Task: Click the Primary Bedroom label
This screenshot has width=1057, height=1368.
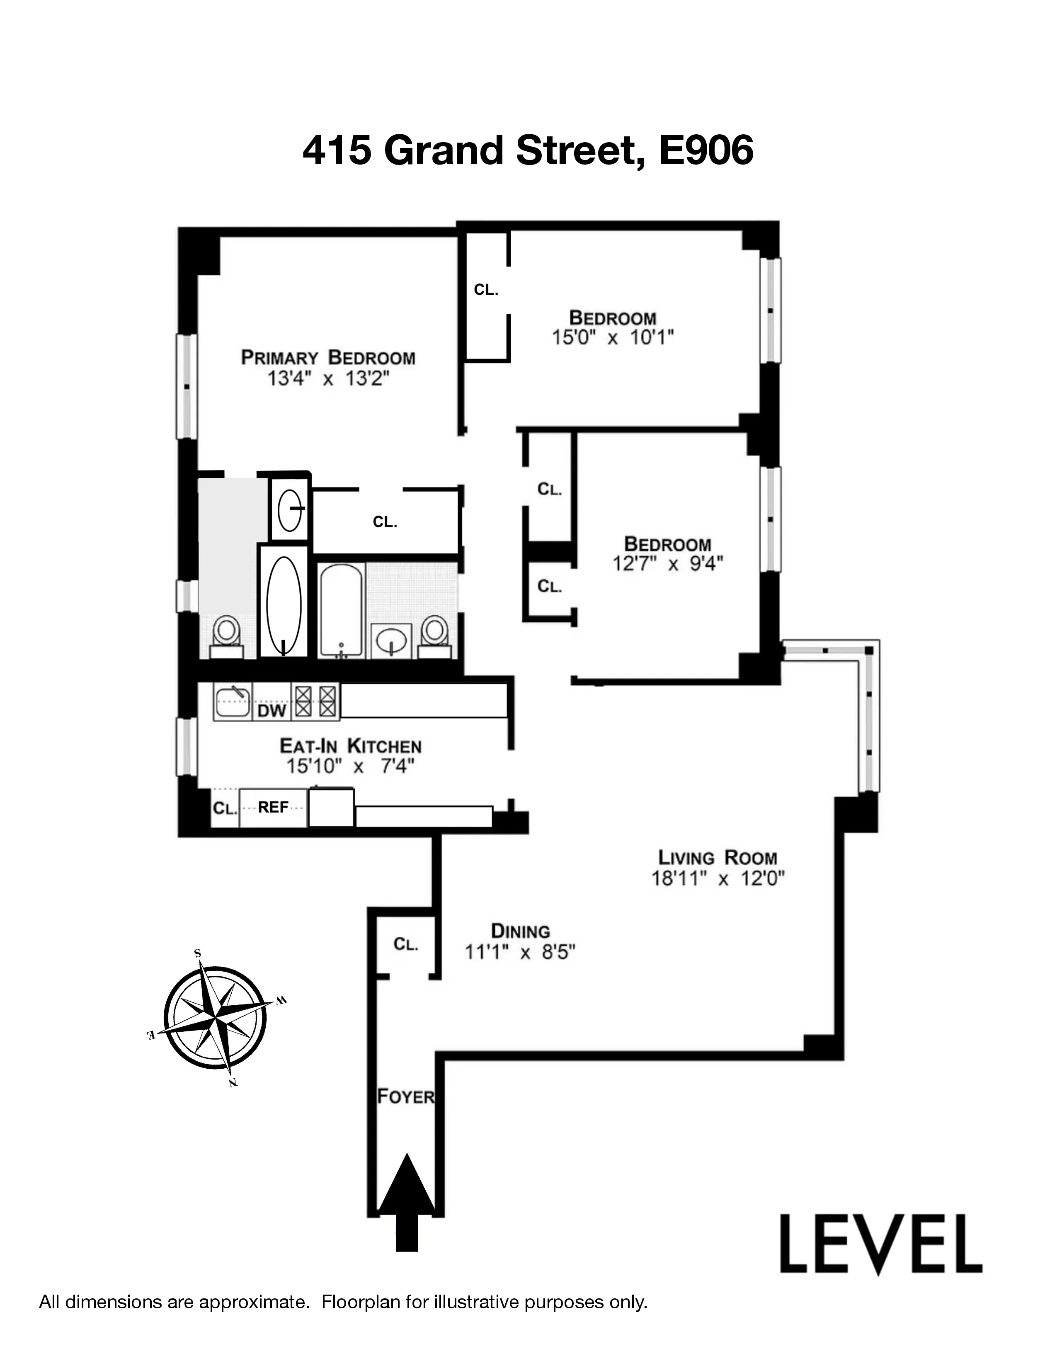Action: (x=328, y=358)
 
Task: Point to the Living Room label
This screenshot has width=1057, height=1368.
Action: (x=717, y=858)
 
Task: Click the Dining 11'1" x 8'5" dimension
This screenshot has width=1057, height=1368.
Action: (x=520, y=952)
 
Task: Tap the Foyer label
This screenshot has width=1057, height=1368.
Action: (x=405, y=1096)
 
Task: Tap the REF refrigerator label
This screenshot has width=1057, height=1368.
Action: (x=273, y=808)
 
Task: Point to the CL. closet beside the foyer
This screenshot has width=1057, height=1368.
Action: (x=405, y=944)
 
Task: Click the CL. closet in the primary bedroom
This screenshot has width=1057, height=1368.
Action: (x=385, y=522)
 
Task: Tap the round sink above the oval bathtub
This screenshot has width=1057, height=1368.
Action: (x=290, y=509)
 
